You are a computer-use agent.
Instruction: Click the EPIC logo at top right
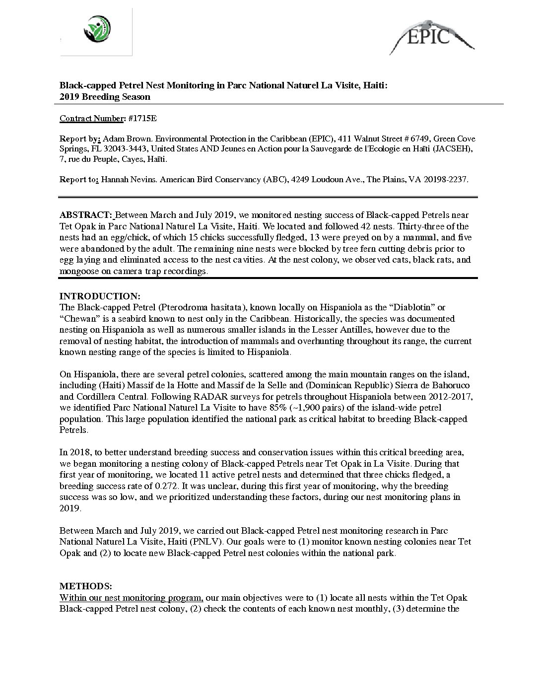coord(430,36)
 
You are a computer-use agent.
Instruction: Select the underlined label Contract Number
coord(91,118)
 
